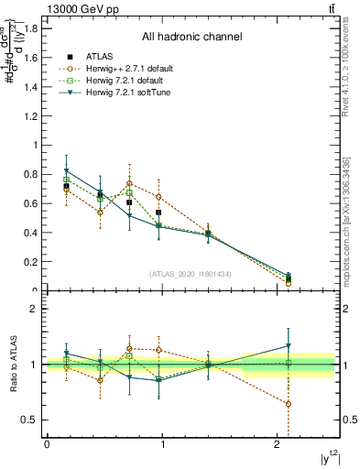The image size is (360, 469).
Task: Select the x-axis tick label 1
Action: [x=164, y=444]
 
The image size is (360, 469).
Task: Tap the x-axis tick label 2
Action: [x=278, y=444]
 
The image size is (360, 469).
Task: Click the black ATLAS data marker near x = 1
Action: [x=158, y=213]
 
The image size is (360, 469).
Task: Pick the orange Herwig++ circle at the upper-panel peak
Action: [x=130, y=183]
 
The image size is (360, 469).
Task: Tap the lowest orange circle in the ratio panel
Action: [x=289, y=404]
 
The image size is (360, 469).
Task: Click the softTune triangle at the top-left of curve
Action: [x=67, y=171]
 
